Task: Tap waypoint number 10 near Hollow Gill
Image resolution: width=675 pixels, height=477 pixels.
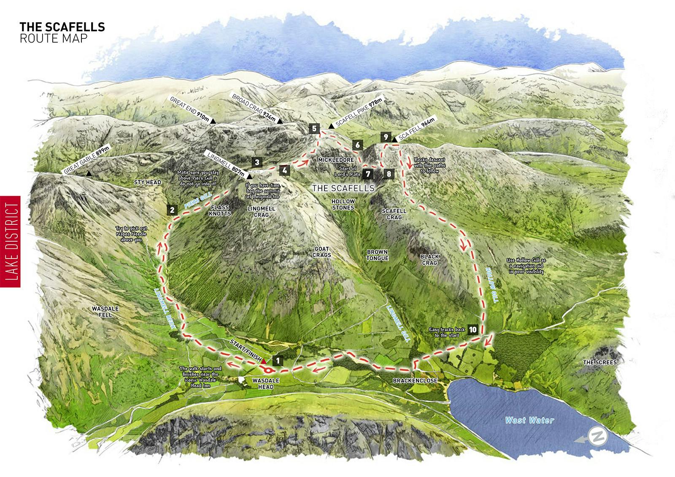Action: pyautogui.click(x=472, y=329)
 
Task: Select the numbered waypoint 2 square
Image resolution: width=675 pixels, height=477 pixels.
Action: pyautogui.click(x=172, y=210)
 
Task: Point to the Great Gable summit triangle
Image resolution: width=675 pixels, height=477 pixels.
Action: pyautogui.click(x=89, y=173)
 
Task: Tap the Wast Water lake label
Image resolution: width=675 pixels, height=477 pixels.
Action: pyautogui.click(x=529, y=420)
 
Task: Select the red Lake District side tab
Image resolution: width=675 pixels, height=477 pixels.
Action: pyautogui.click(x=10, y=242)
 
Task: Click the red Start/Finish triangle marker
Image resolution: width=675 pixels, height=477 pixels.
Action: pyautogui.click(x=264, y=361)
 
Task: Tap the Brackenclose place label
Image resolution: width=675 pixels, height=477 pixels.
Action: pyautogui.click(x=415, y=380)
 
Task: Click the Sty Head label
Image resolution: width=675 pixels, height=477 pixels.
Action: pyautogui.click(x=147, y=182)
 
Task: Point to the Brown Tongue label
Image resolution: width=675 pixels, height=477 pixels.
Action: pyautogui.click(x=377, y=255)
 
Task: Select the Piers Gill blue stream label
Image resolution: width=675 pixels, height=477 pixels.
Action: pyautogui.click(x=197, y=202)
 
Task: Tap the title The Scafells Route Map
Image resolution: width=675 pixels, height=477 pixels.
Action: pyautogui.click(x=62, y=32)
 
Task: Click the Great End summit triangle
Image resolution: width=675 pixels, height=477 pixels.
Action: pyautogui.click(x=213, y=121)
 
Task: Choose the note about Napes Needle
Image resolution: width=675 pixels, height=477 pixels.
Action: pyautogui.click(x=129, y=234)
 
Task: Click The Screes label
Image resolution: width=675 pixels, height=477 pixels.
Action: pyautogui.click(x=599, y=362)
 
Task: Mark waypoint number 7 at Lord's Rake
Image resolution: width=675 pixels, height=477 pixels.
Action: pyautogui.click(x=368, y=173)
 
